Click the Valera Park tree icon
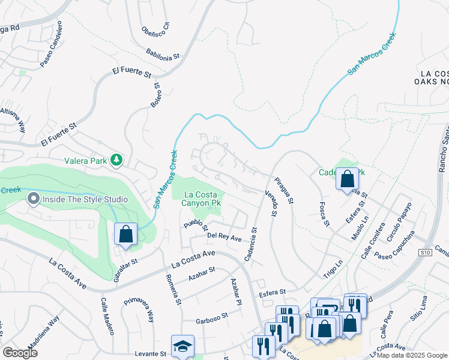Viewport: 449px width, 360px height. click(x=117, y=160)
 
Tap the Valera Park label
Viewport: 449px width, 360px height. click(x=87, y=160)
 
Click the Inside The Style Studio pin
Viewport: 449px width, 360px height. click(x=33, y=199)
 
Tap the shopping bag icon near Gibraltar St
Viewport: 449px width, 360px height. click(x=125, y=234)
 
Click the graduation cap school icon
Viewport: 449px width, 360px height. click(x=182, y=346)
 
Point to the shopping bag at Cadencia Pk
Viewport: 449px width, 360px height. click(x=347, y=179)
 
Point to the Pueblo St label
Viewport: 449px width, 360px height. click(x=196, y=225)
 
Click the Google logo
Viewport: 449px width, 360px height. click(x=20, y=353)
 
